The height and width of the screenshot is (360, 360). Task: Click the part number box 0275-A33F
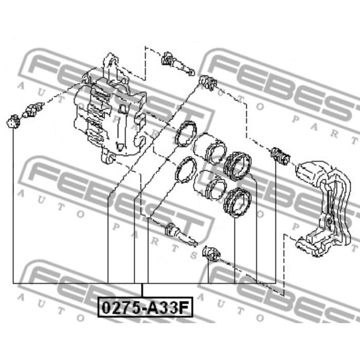pos(145,307)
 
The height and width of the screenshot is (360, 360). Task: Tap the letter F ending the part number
pos(184,308)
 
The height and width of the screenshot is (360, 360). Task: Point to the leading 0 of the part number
pos(106,308)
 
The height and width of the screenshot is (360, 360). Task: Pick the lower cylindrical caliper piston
pos(209,185)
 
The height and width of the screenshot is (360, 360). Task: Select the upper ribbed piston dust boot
pos(238,166)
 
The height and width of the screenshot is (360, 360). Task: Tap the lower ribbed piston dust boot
pos(238,203)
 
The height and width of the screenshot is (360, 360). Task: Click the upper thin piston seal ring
pos(186,134)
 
